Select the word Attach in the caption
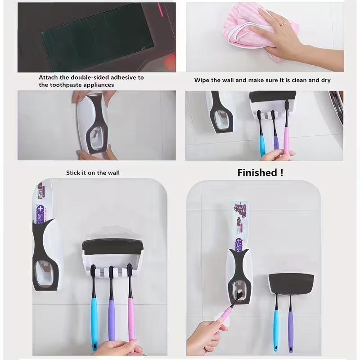click(48, 77)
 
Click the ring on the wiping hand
click(283, 24)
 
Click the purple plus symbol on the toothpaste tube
click(40, 210)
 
